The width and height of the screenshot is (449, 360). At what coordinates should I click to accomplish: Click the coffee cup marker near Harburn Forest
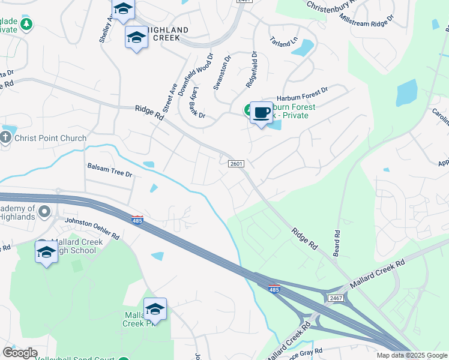pyautogui.click(x=261, y=112)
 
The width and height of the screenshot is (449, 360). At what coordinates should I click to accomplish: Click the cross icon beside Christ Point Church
pyautogui.click(x=6, y=137)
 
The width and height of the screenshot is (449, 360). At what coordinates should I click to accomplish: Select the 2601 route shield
pyautogui.click(x=236, y=163)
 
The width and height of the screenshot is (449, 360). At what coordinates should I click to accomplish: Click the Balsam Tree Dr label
pyautogui.click(x=109, y=172)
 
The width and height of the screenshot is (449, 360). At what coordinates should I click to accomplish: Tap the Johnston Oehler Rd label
pyautogui.click(x=92, y=227)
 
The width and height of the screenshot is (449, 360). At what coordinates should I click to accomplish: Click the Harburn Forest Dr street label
pyautogui.click(x=302, y=95)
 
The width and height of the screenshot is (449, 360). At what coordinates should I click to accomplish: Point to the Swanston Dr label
pyautogui.click(x=222, y=73)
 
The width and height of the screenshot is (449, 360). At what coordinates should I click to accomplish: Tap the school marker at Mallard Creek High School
pyautogui.click(x=46, y=253)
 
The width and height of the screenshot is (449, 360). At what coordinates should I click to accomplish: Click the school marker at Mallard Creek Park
pyautogui.click(x=155, y=309)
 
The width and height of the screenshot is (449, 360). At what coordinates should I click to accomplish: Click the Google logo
pyautogui.click(x=20, y=353)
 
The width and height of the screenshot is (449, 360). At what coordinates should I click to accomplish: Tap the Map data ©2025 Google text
pyautogui.click(x=412, y=355)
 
